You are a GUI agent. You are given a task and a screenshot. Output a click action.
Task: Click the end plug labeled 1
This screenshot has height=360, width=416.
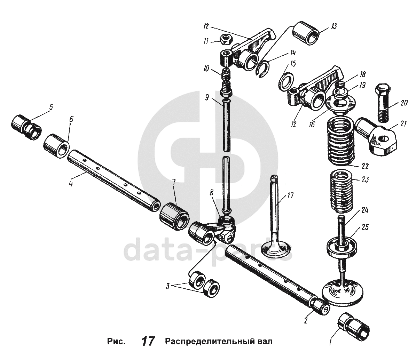tap(354, 327)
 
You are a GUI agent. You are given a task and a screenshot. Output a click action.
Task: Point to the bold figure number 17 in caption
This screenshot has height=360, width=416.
tap(148, 341)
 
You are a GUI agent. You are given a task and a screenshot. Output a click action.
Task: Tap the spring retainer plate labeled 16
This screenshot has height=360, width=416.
tap(339, 103)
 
